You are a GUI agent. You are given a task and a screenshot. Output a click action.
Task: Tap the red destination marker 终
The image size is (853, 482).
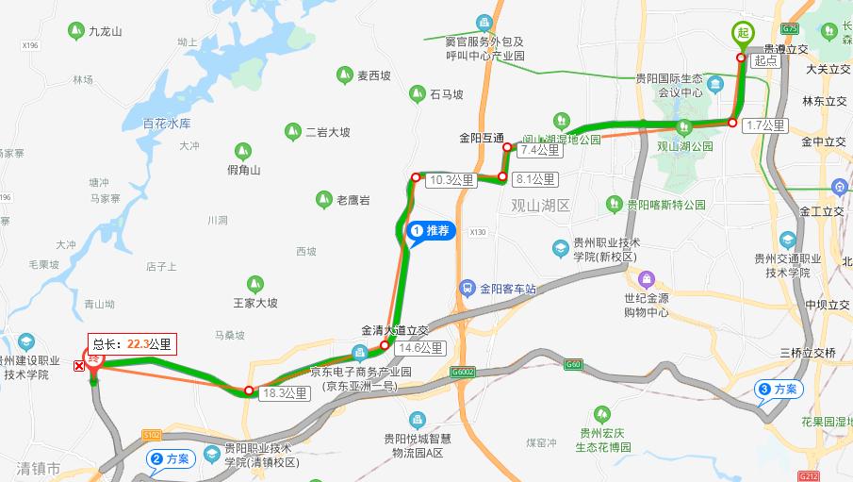[x=94, y=359]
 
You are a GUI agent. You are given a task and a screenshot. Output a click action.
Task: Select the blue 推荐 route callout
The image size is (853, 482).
[x=431, y=230]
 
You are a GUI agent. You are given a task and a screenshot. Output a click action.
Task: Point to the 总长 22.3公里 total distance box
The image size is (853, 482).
[x=132, y=344]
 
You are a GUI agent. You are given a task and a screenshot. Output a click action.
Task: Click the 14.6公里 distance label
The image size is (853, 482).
[x=419, y=348]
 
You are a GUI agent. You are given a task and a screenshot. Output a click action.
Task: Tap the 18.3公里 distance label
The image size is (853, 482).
[x=285, y=392]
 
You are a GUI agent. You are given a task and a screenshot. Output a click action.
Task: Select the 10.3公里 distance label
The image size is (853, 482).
[x=451, y=179]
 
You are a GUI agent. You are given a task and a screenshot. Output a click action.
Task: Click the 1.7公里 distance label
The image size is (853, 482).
[x=764, y=125]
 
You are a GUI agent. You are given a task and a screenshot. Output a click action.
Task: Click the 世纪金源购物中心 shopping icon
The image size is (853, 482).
[x=647, y=280]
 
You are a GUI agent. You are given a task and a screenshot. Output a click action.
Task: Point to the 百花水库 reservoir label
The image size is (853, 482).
[x=167, y=124]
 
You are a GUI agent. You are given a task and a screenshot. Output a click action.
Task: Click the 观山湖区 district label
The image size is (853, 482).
[x=541, y=206]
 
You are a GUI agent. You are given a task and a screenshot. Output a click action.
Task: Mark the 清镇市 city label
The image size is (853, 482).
[x=38, y=468]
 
